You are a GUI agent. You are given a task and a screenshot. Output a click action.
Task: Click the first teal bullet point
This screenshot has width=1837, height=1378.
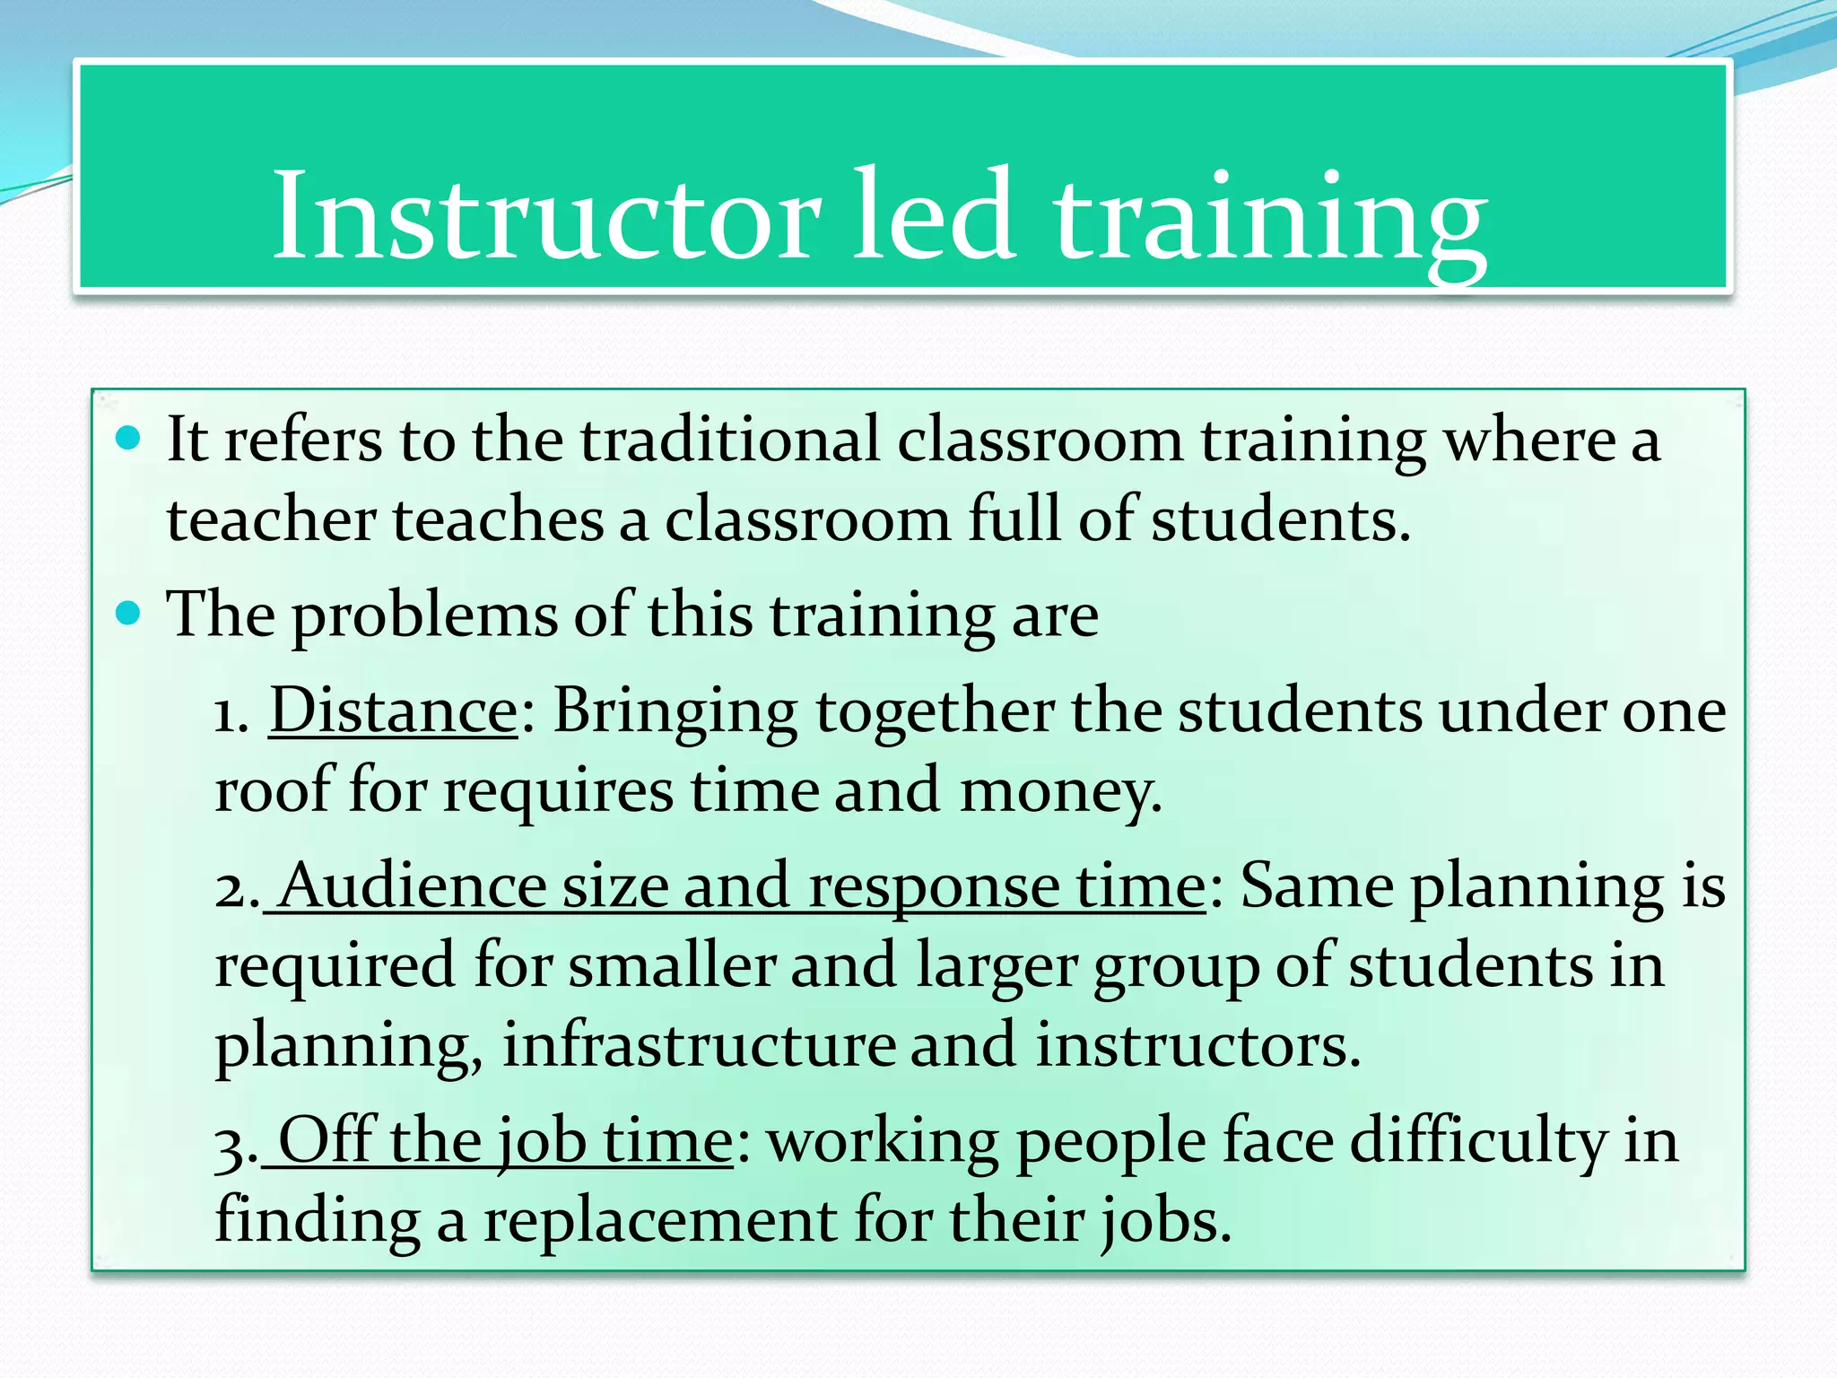tap(129, 439)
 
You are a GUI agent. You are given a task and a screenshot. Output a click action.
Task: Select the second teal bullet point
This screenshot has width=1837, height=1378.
tap(129, 614)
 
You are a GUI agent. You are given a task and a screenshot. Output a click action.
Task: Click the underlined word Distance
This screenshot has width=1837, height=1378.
tap(393, 711)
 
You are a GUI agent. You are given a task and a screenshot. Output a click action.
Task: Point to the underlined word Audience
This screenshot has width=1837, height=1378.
tap(412, 886)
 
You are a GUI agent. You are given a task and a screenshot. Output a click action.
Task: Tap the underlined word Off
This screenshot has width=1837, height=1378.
tap(326, 1141)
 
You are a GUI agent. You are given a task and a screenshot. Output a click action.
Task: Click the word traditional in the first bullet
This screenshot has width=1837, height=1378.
tap(729, 440)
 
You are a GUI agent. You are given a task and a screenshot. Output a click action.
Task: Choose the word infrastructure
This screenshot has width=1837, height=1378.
tap(698, 1045)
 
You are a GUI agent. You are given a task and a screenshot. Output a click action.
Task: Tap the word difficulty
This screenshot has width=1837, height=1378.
tap(1477, 1143)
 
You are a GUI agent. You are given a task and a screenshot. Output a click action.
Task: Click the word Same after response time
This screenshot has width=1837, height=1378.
tap(1316, 886)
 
